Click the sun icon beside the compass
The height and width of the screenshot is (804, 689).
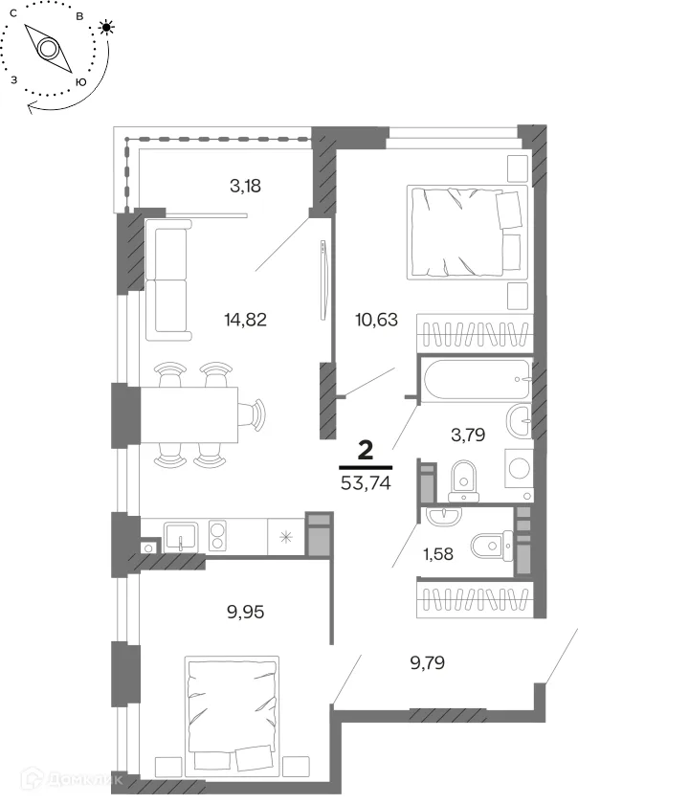click(106, 27)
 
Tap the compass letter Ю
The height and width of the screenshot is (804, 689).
click(80, 82)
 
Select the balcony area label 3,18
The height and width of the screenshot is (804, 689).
click(245, 186)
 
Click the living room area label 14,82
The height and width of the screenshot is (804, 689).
click(245, 320)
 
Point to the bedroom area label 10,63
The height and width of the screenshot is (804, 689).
click(376, 320)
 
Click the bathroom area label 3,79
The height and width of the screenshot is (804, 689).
click(468, 435)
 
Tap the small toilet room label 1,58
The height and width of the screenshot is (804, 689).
click(438, 554)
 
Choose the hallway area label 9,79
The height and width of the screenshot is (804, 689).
click(427, 662)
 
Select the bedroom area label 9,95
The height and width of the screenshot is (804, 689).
click(245, 612)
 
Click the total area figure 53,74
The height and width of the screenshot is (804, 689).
click(366, 483)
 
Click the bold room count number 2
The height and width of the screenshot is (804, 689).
click(366, 451)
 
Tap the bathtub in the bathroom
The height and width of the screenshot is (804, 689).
click(476, 379)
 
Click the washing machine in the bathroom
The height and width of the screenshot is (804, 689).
click(519, 468)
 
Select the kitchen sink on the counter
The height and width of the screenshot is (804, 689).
click(181, 536)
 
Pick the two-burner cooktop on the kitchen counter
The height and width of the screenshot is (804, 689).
click(217, 536)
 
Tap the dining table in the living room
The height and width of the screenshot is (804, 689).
click(189, 414)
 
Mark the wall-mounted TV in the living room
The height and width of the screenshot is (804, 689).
click(323, 279)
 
